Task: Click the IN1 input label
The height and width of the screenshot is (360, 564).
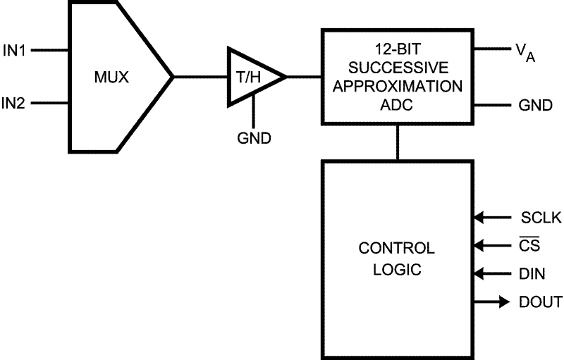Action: click(x=15, y=51)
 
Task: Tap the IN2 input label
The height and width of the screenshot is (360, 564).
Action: click(x=15, y=104)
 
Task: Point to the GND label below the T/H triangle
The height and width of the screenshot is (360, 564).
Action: click(x=254, y=138)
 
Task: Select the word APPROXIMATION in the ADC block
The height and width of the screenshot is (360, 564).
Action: click(x=398, y=87)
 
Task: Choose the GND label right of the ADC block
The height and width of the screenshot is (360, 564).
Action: click(x=535, y=105)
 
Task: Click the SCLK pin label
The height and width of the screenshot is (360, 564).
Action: click(x=541, y=218)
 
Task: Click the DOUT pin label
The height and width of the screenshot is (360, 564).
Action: click(x=541, y=302)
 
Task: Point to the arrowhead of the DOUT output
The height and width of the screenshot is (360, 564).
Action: click(x=503, y=302)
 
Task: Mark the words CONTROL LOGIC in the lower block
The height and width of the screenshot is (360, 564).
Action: click(x=397, y=259)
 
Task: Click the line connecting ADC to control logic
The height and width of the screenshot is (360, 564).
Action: click(x=398, y=143)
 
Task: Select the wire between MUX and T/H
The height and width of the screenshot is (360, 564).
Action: click(x=200, y=77)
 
